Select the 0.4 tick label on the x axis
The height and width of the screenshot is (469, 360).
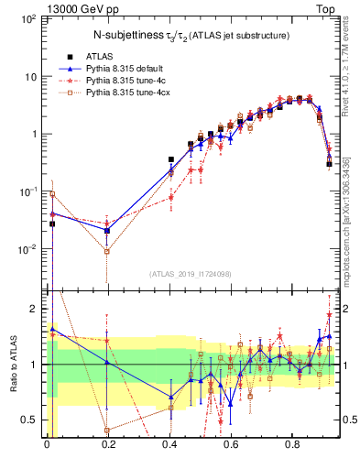point(170,447)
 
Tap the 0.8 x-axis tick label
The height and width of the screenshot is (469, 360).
point(293,447)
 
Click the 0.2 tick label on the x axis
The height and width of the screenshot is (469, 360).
point(108,447)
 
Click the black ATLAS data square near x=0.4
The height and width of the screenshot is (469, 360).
point(170,159)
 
